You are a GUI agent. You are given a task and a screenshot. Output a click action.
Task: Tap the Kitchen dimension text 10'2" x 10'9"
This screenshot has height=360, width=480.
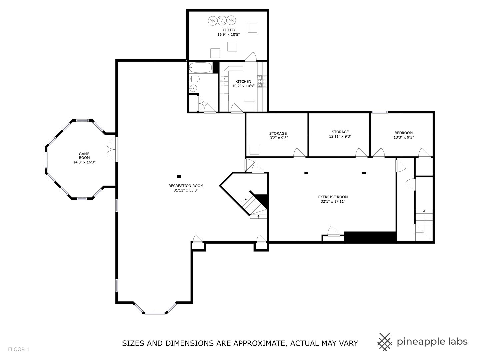pos(243,86)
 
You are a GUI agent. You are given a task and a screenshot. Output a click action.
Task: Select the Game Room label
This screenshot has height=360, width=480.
pos(84,156)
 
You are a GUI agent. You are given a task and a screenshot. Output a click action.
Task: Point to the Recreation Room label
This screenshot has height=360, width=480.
pos(186,186)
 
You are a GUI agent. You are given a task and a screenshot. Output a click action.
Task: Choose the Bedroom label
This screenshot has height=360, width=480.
pos(403,133)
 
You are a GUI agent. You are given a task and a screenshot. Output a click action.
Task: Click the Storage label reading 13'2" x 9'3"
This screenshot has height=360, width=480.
pos(278,133)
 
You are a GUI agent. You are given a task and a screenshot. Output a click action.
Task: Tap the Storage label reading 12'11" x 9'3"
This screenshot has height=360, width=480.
pos(340,132)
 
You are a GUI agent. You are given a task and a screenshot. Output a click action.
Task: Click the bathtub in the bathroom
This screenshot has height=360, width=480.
pos(200,68)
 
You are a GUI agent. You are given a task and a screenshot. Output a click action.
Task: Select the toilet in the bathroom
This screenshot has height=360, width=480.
pos(194,79)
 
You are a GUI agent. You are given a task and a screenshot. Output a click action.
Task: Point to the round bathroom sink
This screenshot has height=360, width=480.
pos(193,88)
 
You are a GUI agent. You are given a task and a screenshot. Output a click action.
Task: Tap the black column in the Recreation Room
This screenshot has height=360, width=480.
pos(179,176)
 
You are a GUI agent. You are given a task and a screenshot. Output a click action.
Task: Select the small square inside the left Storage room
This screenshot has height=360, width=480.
pos(255,149)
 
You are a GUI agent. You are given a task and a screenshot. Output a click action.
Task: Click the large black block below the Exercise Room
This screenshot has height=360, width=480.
pos(370,237)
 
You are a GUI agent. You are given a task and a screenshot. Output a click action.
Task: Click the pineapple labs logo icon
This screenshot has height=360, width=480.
pos(385,342)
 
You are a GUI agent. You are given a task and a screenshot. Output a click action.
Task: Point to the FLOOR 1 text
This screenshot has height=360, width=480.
pos(19,350)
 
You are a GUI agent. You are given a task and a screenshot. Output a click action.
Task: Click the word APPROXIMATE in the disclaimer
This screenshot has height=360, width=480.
pos(258,343)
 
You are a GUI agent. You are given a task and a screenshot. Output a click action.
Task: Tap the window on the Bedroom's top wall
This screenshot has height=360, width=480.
pos(379,112)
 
